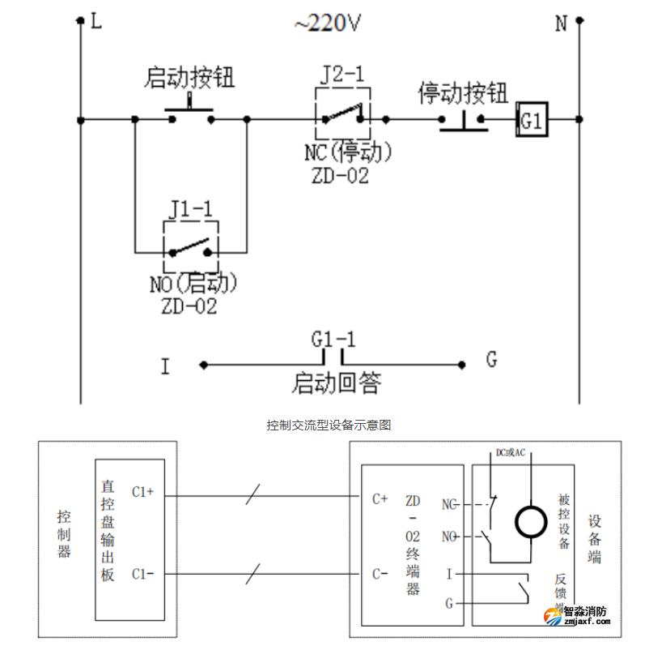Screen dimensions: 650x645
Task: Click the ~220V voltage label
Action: pos(328,24)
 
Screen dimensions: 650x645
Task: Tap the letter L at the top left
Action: pos(96,22)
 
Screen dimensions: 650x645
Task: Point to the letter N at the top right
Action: pos(560,24)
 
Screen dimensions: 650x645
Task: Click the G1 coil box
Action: pos(533,121)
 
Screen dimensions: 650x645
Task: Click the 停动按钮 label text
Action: pos(463,94)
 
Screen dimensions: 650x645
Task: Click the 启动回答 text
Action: pos(336,382)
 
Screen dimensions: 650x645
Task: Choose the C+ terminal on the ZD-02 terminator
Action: pos(380,498)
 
